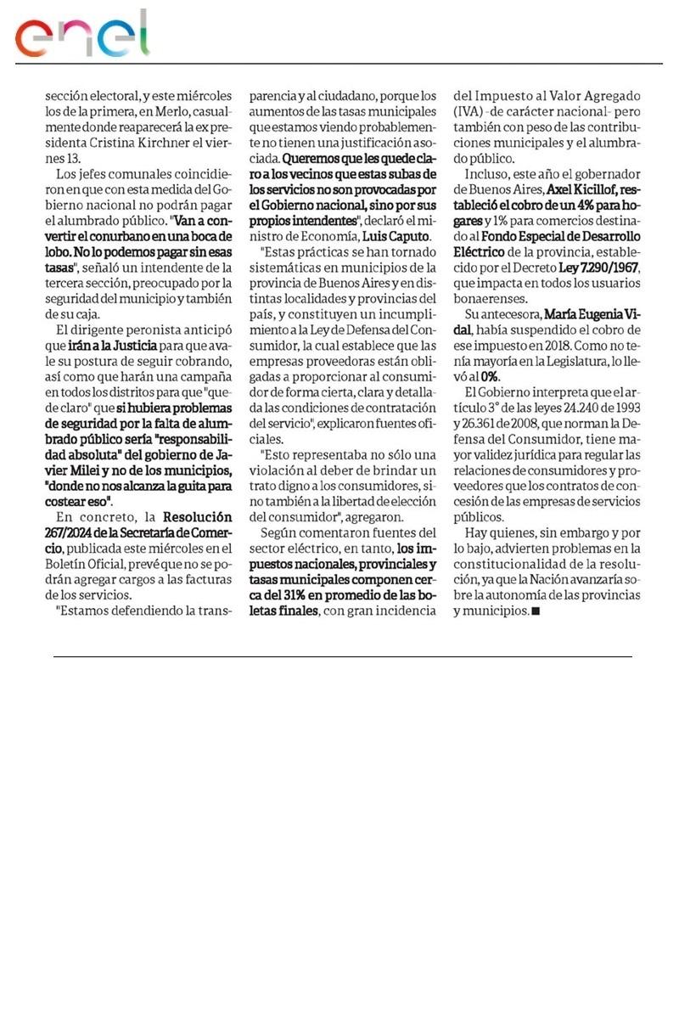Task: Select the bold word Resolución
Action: click(x=198, y=516)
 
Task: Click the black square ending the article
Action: click(x=535, y=611)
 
